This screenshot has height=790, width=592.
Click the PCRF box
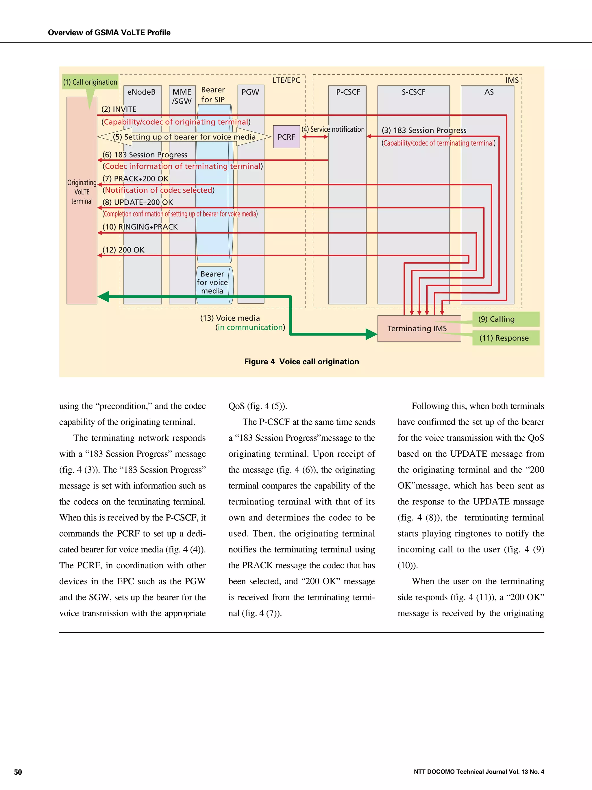(286, 137)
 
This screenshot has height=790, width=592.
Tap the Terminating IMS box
(417, 328)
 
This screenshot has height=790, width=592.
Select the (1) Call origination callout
(90, 82)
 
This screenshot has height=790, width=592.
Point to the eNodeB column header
(141, 92)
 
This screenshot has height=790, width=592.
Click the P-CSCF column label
(348, 92)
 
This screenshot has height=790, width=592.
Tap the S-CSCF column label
(413, 92)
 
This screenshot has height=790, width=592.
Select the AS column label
(489, 92)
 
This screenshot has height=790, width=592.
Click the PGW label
(250, 92)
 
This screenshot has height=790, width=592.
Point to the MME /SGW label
(182, 96)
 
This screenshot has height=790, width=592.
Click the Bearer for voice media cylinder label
(212, 282)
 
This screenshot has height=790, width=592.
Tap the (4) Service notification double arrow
(315, 136)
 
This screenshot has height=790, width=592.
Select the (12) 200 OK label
(123, 250)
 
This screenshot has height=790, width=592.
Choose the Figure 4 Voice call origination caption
(301, 361)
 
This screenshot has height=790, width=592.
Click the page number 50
(18, 772)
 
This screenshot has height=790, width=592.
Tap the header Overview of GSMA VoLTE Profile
(109, 32)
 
